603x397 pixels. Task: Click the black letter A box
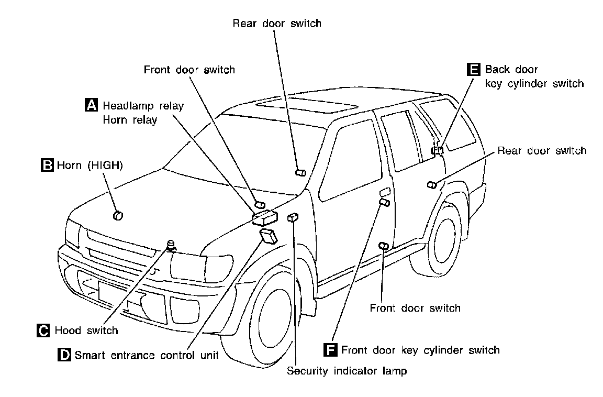coord(91,105)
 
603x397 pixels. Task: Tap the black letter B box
coord(47,166)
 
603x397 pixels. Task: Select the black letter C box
coord(43,330)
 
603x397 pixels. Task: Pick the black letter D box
coord(64,355)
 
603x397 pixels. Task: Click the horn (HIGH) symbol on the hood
coord(117,215)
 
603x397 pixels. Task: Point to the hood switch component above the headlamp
coord(171,244)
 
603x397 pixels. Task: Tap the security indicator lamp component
coord(293,217)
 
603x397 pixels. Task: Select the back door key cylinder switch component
coord(438,151)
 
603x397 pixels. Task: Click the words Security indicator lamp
coord(347,371)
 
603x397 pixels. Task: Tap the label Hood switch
coord(86,330)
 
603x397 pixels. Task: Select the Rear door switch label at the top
coord(276,23)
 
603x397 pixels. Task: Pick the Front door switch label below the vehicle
coord(415,307)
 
